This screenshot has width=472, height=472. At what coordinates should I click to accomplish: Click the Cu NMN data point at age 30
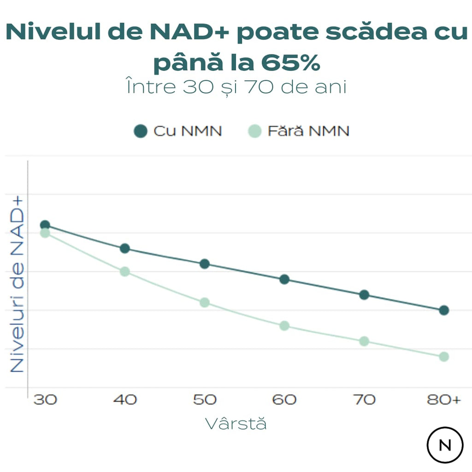45,225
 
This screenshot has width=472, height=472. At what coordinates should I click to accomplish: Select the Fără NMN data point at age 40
124,271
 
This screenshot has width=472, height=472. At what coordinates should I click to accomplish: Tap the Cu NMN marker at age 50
205,264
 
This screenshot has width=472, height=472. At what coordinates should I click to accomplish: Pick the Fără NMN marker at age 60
284,325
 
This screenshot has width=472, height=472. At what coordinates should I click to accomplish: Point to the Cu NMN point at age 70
364,295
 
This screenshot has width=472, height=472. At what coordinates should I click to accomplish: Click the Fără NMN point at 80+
444,356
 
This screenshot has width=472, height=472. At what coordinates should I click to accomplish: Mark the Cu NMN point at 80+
444,310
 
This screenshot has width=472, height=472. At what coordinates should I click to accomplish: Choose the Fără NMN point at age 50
205,302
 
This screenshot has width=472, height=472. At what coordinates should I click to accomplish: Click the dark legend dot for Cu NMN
140,131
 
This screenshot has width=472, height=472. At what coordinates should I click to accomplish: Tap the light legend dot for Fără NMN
254,131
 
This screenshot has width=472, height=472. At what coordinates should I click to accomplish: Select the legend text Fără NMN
308,131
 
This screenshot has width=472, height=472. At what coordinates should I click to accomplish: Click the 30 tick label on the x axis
45,400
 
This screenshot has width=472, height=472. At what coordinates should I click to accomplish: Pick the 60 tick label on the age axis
284,400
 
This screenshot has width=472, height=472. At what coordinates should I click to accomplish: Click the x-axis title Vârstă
236,424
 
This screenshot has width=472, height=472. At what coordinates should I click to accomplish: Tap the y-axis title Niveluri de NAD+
17,284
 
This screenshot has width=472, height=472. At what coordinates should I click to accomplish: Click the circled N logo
445,445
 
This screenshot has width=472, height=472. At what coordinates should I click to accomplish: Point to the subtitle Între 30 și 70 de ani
236,87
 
